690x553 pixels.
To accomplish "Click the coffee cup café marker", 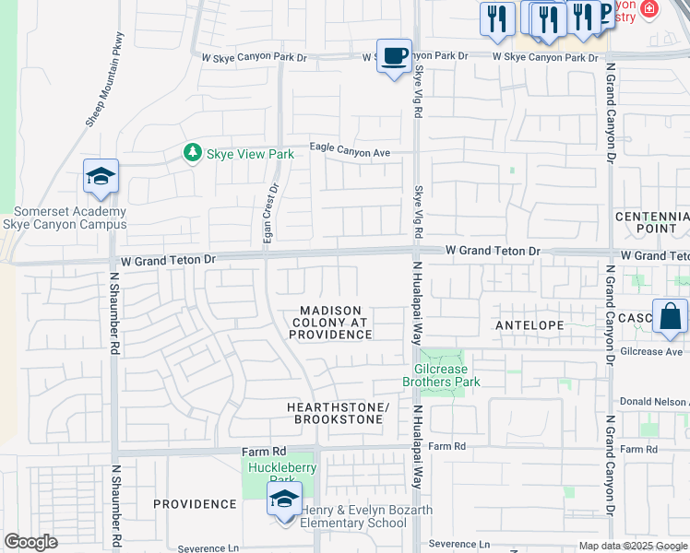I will click(394, 56).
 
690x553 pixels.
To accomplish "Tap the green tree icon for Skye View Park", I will click(192, 152).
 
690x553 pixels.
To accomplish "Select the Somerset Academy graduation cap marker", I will click(101, 177).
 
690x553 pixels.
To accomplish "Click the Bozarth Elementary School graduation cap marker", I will click(284, 501).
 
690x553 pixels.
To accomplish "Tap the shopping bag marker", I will click(670, 317).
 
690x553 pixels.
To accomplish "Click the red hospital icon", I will click(650, 10).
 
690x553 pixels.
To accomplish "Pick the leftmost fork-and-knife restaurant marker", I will click(497, 18).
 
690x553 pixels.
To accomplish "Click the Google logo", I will click(30, 542).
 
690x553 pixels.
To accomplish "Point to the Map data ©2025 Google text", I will click(633, 546).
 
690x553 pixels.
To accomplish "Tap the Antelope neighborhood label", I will click(529, 325).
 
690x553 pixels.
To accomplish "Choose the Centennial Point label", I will click(652, 221).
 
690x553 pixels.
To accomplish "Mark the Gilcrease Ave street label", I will click(651, 352).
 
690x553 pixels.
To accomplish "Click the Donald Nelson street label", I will click(654, 402).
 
